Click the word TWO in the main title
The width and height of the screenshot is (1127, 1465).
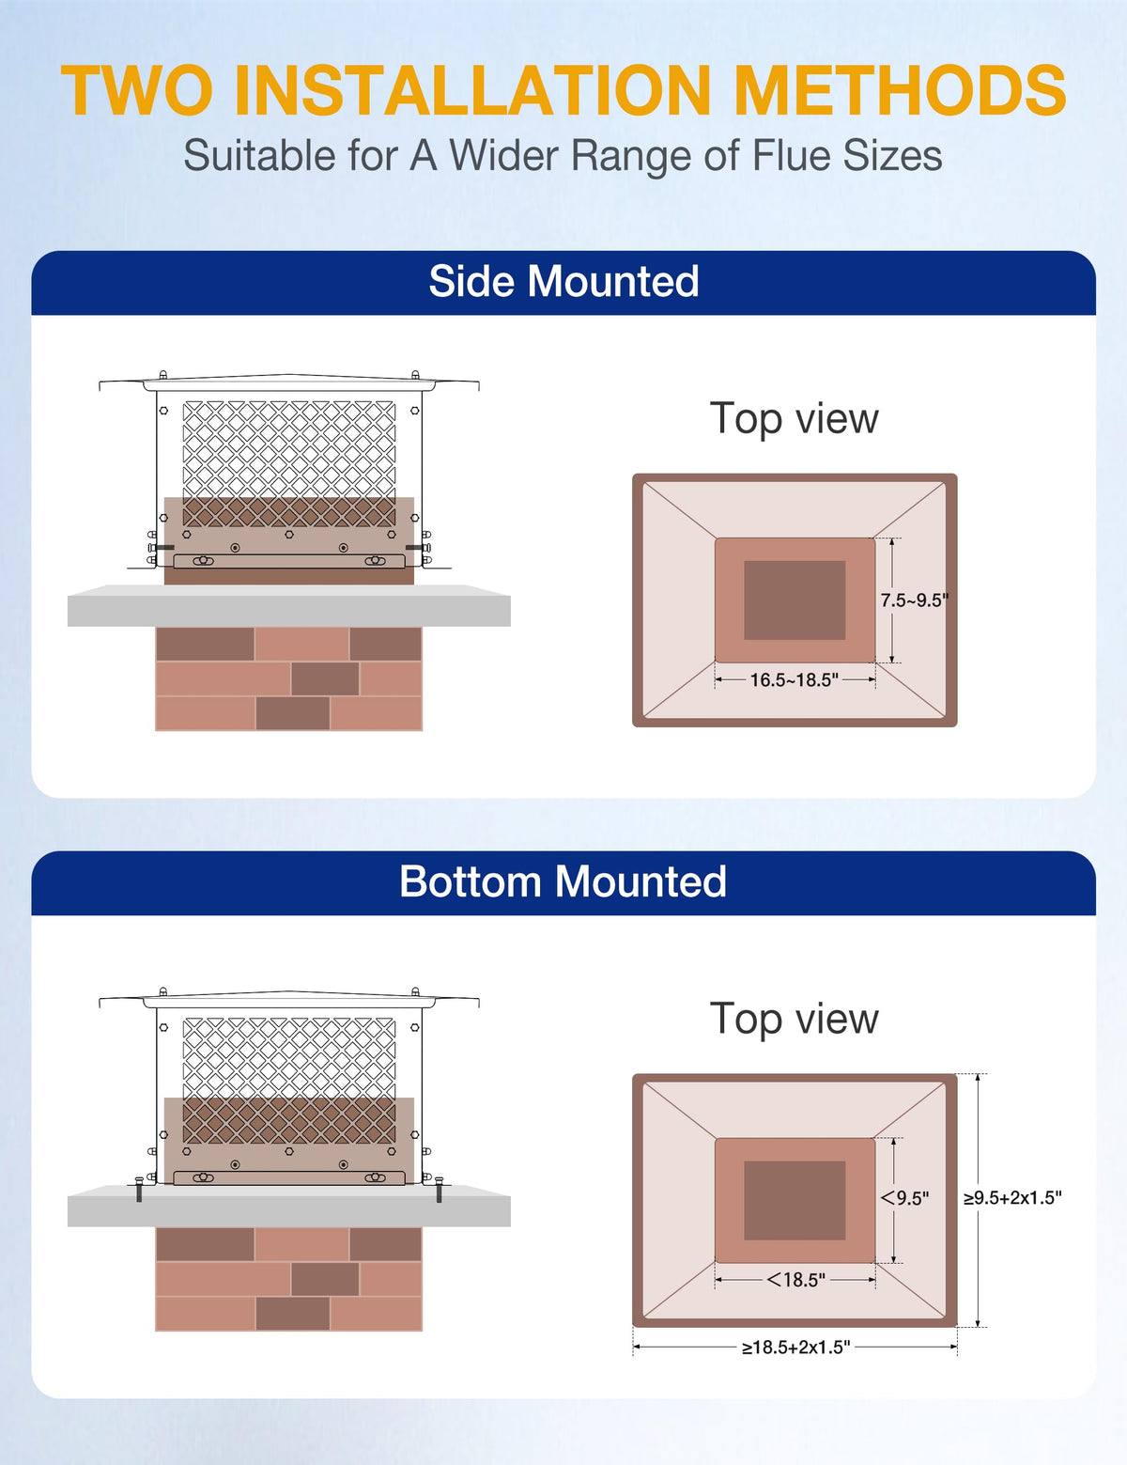click(x=137, y=91)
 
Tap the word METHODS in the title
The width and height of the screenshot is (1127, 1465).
click(x=900, y=91)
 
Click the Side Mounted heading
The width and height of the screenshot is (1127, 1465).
click(x=563, y=282)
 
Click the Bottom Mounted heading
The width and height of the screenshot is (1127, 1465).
click(x=563, y=882)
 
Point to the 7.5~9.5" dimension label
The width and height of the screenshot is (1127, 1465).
click(x=914, y=600)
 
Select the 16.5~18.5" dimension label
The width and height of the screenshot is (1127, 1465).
click(x=794, y=680)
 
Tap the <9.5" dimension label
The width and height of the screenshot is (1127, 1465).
click(x=905, y=1198)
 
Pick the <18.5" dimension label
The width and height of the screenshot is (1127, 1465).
click(x=796, y=1280)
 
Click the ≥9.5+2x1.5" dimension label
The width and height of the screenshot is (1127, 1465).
click(x=1012, y=1198)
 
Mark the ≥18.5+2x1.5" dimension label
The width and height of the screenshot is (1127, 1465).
click(x=795, y=1348)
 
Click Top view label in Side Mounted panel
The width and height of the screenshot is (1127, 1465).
click(x=794, y=419)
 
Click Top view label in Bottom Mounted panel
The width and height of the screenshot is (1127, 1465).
click(x=794, y=1020)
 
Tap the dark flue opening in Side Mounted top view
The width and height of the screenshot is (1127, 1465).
click(x=795, y=600)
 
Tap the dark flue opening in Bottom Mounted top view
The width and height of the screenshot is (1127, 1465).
click(x=795, y=1200)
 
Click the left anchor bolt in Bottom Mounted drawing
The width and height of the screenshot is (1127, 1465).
click(x=139, y=1190)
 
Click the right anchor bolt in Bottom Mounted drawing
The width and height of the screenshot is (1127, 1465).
click(x=439, y=1190)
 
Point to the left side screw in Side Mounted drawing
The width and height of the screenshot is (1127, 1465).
click(x=160, y=547)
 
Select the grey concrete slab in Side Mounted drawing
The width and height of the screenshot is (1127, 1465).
click(x=288, y=606)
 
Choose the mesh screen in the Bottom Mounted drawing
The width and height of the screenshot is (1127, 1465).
click(x=289, y=1057)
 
